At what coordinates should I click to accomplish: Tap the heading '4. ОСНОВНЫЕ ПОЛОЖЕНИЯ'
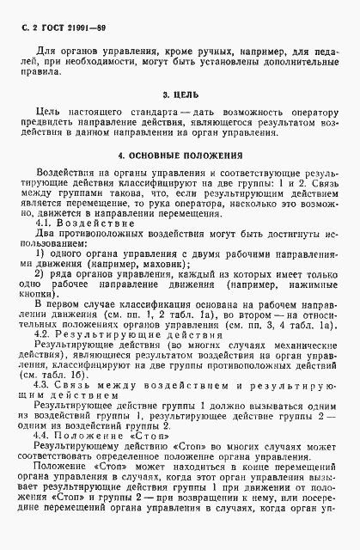[x=180, y=156]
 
